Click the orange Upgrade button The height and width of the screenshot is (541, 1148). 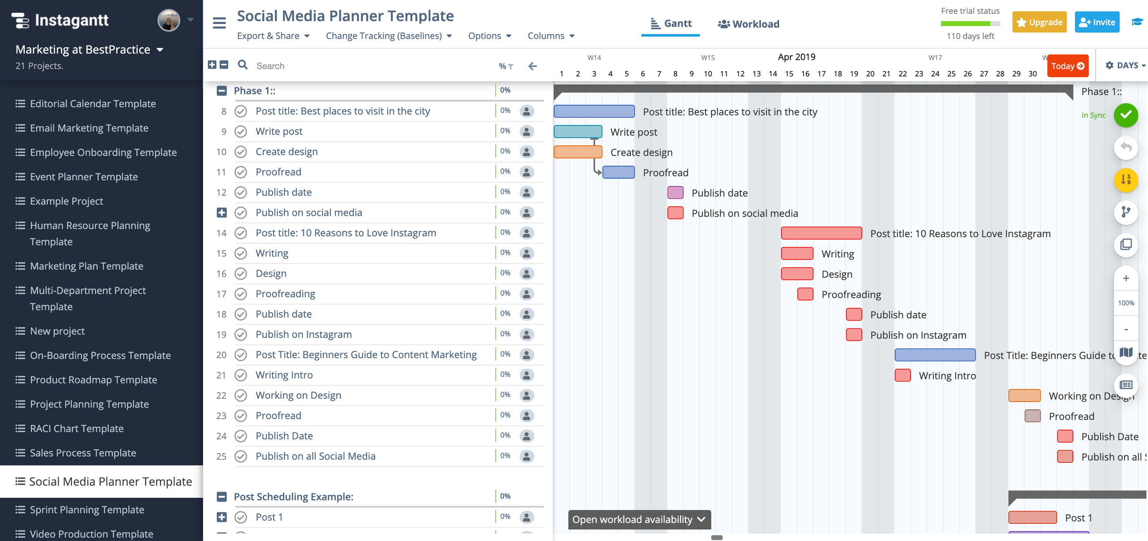coord(1039,22)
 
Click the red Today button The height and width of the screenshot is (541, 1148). coord(1067,66)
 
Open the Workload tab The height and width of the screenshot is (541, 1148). coord(749,24)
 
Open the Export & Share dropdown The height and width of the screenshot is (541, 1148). coord(273,36)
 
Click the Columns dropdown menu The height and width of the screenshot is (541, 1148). coord(551,36)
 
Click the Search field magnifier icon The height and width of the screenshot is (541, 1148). coord(242,65)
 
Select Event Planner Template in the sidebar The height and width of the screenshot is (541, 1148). coord(84,177)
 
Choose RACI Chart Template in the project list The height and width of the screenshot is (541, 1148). coord(77,428)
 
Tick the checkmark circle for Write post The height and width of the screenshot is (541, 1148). coord(241,132)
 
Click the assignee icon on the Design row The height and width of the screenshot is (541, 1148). coord(526,274)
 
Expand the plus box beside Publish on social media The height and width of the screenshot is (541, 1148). coord(222,212)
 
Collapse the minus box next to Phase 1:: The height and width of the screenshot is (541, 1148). coord(222,91)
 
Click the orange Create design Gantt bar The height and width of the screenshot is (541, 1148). coord(578,152)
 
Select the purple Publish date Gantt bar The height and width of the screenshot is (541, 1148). coord(675,193)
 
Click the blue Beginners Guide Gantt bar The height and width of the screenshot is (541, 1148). coord(935,355)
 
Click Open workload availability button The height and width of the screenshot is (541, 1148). coord(638,519)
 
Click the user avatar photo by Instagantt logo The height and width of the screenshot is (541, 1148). coord(169,20)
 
